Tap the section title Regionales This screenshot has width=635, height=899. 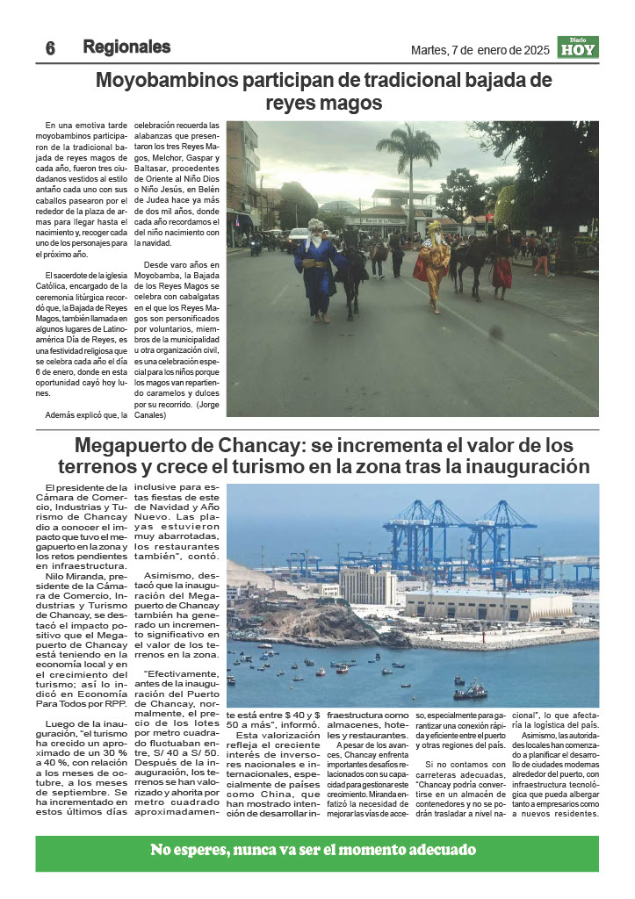point(126,47)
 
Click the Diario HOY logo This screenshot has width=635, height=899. point(578,47)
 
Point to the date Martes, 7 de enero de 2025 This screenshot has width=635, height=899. point(480,50)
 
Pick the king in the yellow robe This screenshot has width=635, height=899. point(433,264)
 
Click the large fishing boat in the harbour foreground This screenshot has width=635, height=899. point(470,692)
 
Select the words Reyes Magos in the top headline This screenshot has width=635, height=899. point(325,103)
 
